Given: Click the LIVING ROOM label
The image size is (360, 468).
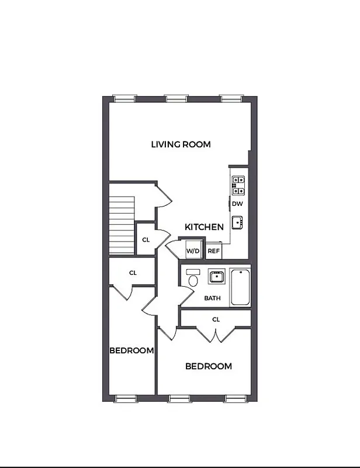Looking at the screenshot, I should (x=181, y=144).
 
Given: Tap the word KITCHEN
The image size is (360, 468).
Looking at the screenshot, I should (x=204, y=227).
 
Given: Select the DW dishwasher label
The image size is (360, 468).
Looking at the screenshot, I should (x=237, y=204).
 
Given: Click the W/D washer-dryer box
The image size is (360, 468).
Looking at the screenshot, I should (x=193, y=250).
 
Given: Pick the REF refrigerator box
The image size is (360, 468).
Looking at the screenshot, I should (x=214, y=250).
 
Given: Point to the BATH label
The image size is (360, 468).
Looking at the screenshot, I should (x=212, y=298).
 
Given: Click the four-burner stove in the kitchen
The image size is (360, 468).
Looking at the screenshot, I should (x=238, y=185).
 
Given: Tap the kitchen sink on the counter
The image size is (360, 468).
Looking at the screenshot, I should (x=237, y=222).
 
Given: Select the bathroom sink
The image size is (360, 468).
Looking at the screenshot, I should (x=217, y=276).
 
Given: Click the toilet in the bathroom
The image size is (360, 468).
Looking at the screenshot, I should (x=193, y=278).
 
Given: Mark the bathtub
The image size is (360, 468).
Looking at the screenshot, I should (x=240, y=287).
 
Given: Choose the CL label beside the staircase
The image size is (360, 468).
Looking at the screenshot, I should (x=146, y=239).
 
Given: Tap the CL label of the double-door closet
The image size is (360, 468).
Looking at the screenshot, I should (x=216, y=319).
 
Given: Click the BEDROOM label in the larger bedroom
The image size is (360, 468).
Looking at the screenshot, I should (x=208, y=366).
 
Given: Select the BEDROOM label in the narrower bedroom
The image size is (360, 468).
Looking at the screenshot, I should (x=131, y=351).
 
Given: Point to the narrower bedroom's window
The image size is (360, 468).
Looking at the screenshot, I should (x=124, y=398).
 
